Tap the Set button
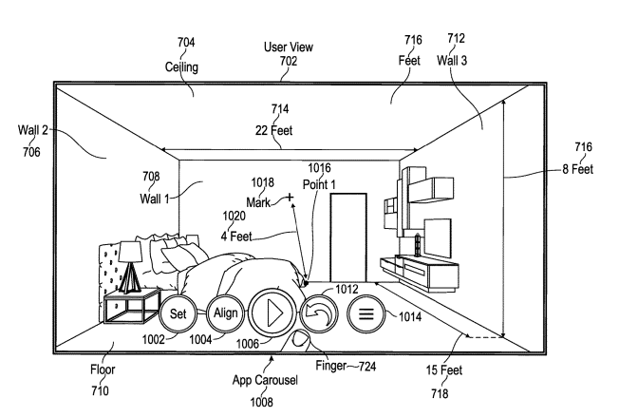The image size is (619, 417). point(178,313)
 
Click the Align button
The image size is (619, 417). point(225,313)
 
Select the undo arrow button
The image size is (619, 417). point(319,313)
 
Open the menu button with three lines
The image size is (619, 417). point(366,313)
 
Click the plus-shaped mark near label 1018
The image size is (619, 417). point(290,198)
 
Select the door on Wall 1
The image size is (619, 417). point(347,237)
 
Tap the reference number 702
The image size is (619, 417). point(289,61)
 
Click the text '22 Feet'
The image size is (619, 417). point(281,130)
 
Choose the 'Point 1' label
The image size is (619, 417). point(321,184)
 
